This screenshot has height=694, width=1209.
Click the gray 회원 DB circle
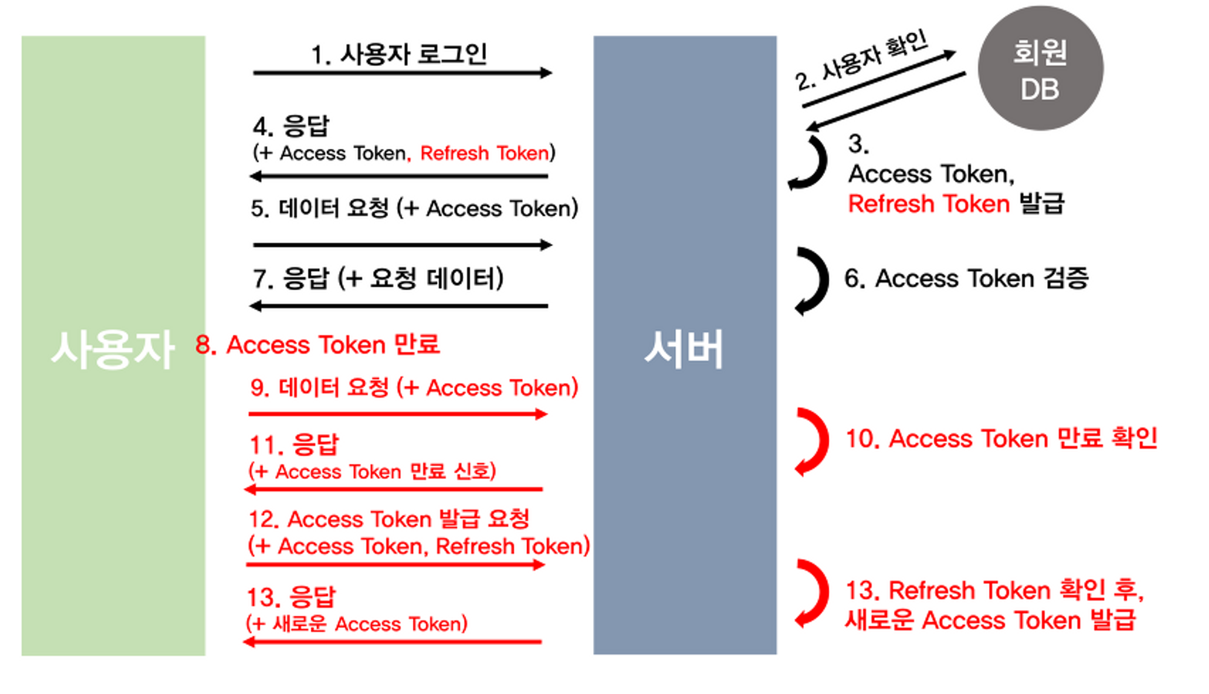point(1040,68)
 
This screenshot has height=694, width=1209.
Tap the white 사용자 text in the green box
point(113,349)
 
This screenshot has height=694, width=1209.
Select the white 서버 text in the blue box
point(684,349)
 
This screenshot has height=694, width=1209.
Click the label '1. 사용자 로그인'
point(399,54)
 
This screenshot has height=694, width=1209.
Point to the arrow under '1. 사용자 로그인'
point(402,73)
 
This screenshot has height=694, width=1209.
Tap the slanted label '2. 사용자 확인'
point(861,60)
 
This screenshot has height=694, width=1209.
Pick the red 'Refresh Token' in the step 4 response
point(485,153)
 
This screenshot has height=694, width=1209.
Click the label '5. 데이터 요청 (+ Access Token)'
point(415,209)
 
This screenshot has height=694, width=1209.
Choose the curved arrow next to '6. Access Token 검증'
point(814,281)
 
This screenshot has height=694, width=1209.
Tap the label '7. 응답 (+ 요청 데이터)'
point(378,279)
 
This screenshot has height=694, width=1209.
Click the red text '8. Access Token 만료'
point(318,345)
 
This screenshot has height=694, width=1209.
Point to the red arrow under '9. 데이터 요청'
point(398,414)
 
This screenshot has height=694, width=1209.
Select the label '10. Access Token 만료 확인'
point(1001,439)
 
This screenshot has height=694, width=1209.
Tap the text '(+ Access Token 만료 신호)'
point(372,472)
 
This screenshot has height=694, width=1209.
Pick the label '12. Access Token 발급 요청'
point(389,519)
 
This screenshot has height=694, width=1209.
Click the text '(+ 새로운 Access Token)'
point(357,624)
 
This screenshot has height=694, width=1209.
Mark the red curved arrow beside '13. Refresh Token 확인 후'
point(813,592)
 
